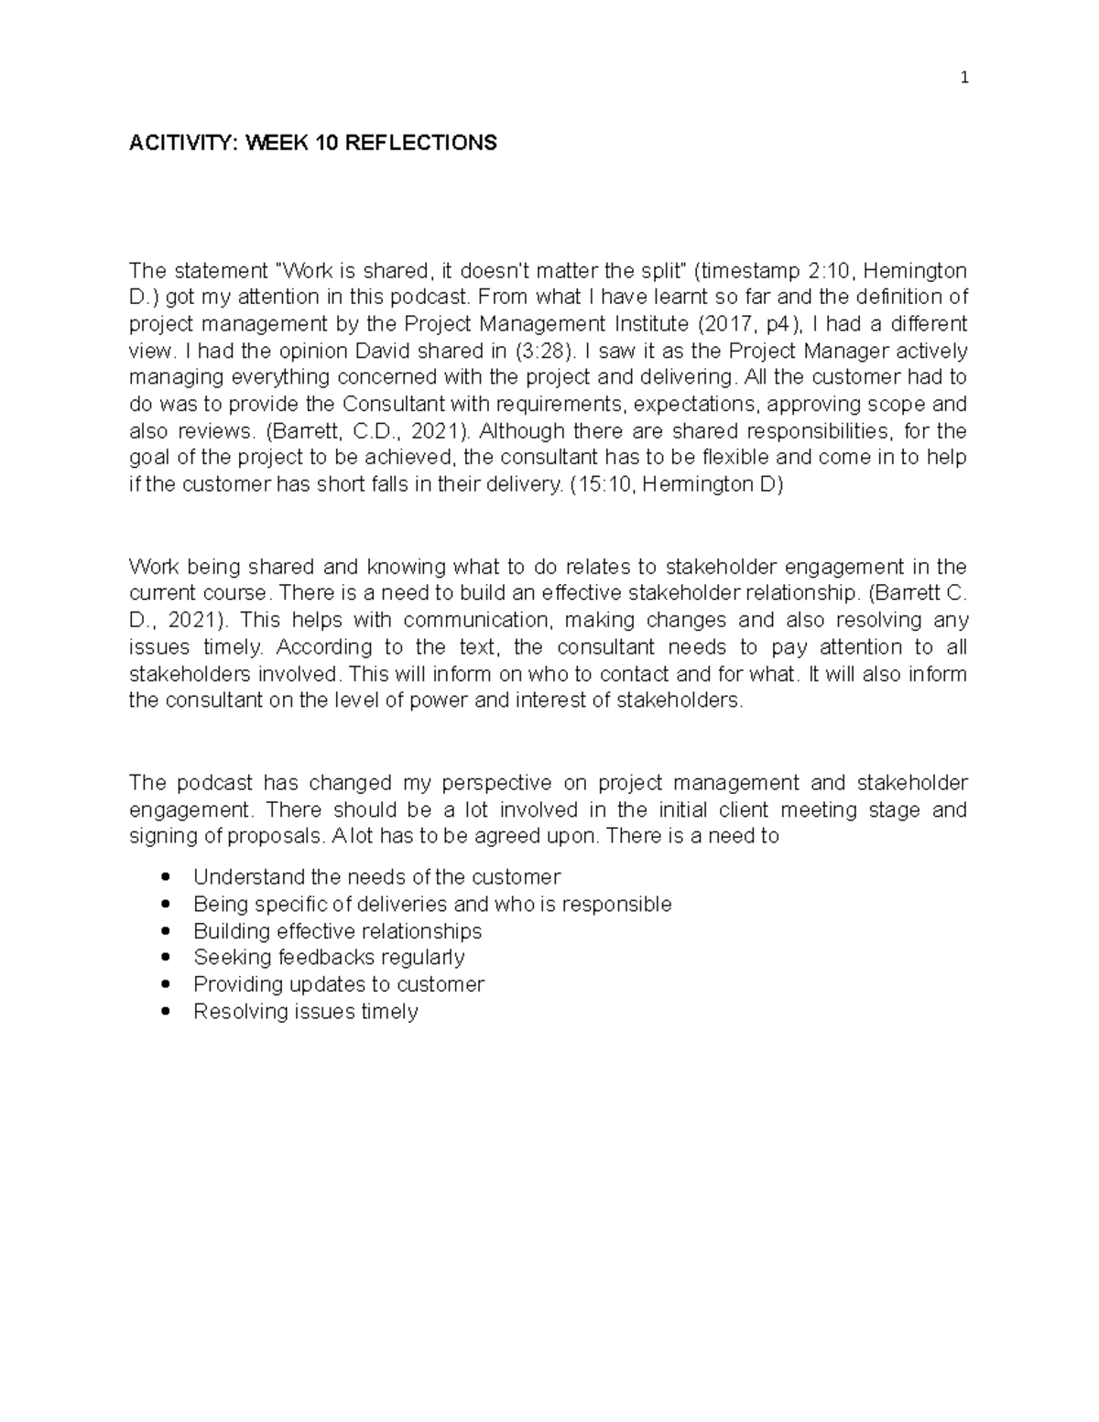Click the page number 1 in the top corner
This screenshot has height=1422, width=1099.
click(963, 78)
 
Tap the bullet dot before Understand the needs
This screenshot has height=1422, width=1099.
click(165, 877)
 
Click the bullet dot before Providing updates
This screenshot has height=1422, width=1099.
click(165, 984)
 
